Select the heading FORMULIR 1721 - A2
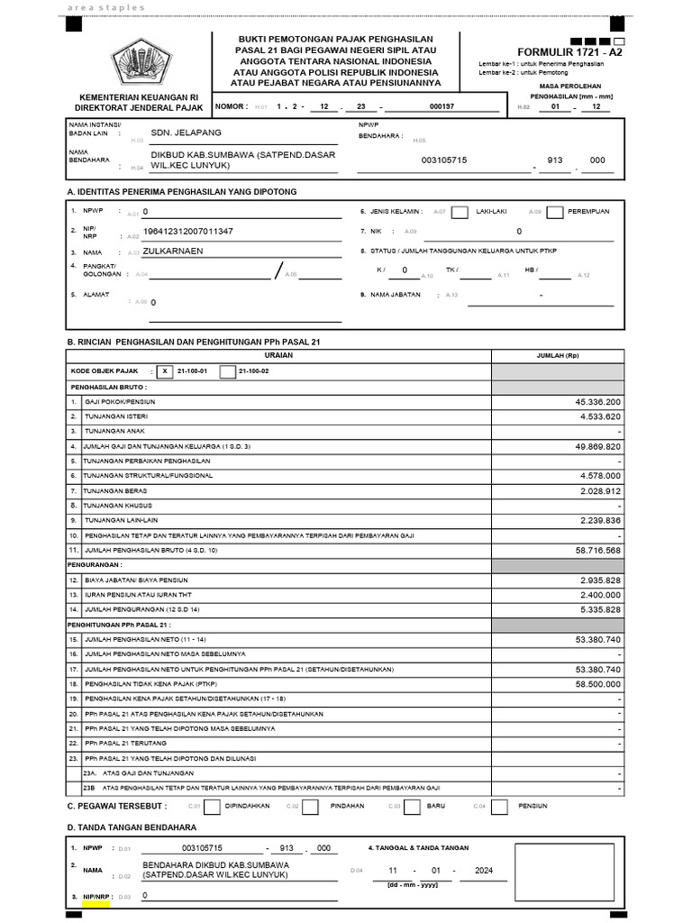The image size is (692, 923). pyautogui.click(x=569, y=52)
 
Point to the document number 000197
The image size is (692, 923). pyautogui.click(x=442, y=106)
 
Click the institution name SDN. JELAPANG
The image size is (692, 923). pyautogui.click(x=186, y=133)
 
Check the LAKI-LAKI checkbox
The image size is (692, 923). pyautogui.click(x=460, y=212)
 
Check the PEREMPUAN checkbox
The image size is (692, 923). pyautogui.click(x=555, y=212)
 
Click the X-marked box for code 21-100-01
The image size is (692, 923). pyautogui.click(x=165, y=371)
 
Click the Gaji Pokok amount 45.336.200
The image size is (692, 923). pyautogui.click(x=592, y=401)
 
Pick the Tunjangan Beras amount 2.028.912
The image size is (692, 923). pyautogui.click(x=594, y=490)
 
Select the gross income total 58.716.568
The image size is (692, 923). pyautogui.click(x=592, y=549)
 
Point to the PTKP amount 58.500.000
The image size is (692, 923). pyautogui.click(x=592, y=685)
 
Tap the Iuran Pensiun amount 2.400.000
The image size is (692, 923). pyautogui.click(x=594, y=595)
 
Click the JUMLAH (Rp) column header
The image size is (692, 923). pyautogui.click(x=556, y=355)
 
